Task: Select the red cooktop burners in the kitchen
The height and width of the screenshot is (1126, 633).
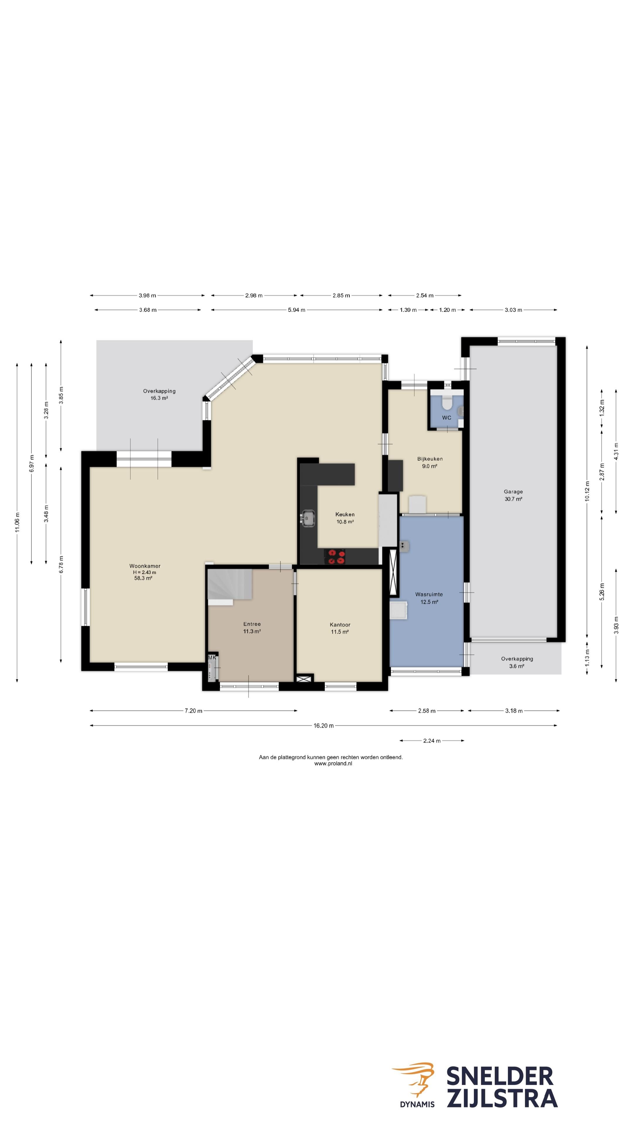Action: coord(335,557)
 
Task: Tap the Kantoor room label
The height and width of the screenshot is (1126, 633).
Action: coord(340,625)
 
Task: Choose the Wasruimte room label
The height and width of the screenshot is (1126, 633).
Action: coord(429,594)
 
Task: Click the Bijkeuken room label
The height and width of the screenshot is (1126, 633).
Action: coord(430,459)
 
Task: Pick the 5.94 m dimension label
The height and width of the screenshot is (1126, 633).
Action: coord(297,310)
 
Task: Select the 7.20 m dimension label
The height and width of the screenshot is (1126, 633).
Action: coord(193,711)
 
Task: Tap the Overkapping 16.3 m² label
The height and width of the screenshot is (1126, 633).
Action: coord(159,395)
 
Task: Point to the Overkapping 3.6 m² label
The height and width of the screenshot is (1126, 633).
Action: coord(517,662)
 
